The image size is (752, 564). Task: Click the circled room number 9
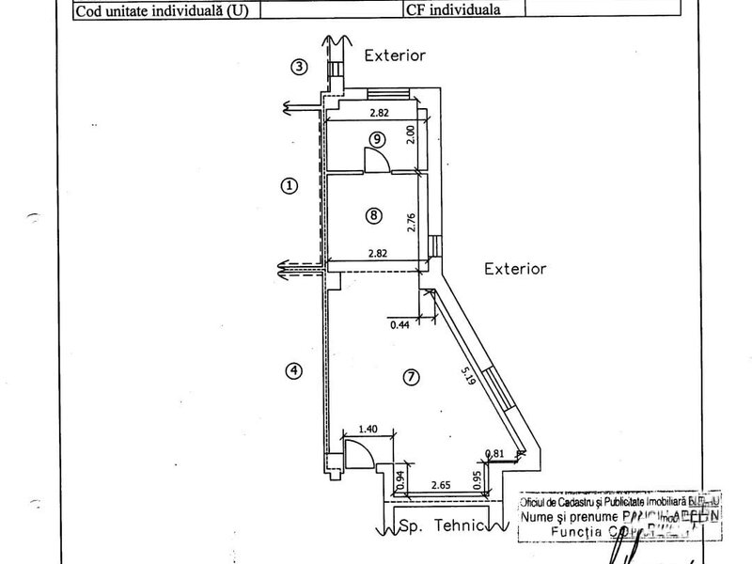pos(376,139)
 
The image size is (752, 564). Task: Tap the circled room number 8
pos(373,215)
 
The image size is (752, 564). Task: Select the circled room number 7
pos(410,377)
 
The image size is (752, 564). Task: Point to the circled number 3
pos(299,67)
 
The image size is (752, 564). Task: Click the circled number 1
pos(290,185)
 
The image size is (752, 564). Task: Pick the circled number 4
pos(294,370)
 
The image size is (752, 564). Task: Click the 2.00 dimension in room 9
pos(410,133)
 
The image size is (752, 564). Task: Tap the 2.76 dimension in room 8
pos(411,222)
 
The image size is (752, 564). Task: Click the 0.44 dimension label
pos(400,325)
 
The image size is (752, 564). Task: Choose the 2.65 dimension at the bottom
pos(440,486)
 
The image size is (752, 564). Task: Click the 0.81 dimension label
pos(493,455)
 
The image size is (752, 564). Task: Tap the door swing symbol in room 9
pos(378,161)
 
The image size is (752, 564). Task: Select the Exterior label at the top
pos(395,55)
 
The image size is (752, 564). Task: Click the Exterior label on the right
pos(514,269)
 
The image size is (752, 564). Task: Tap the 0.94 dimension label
pos(400,480)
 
